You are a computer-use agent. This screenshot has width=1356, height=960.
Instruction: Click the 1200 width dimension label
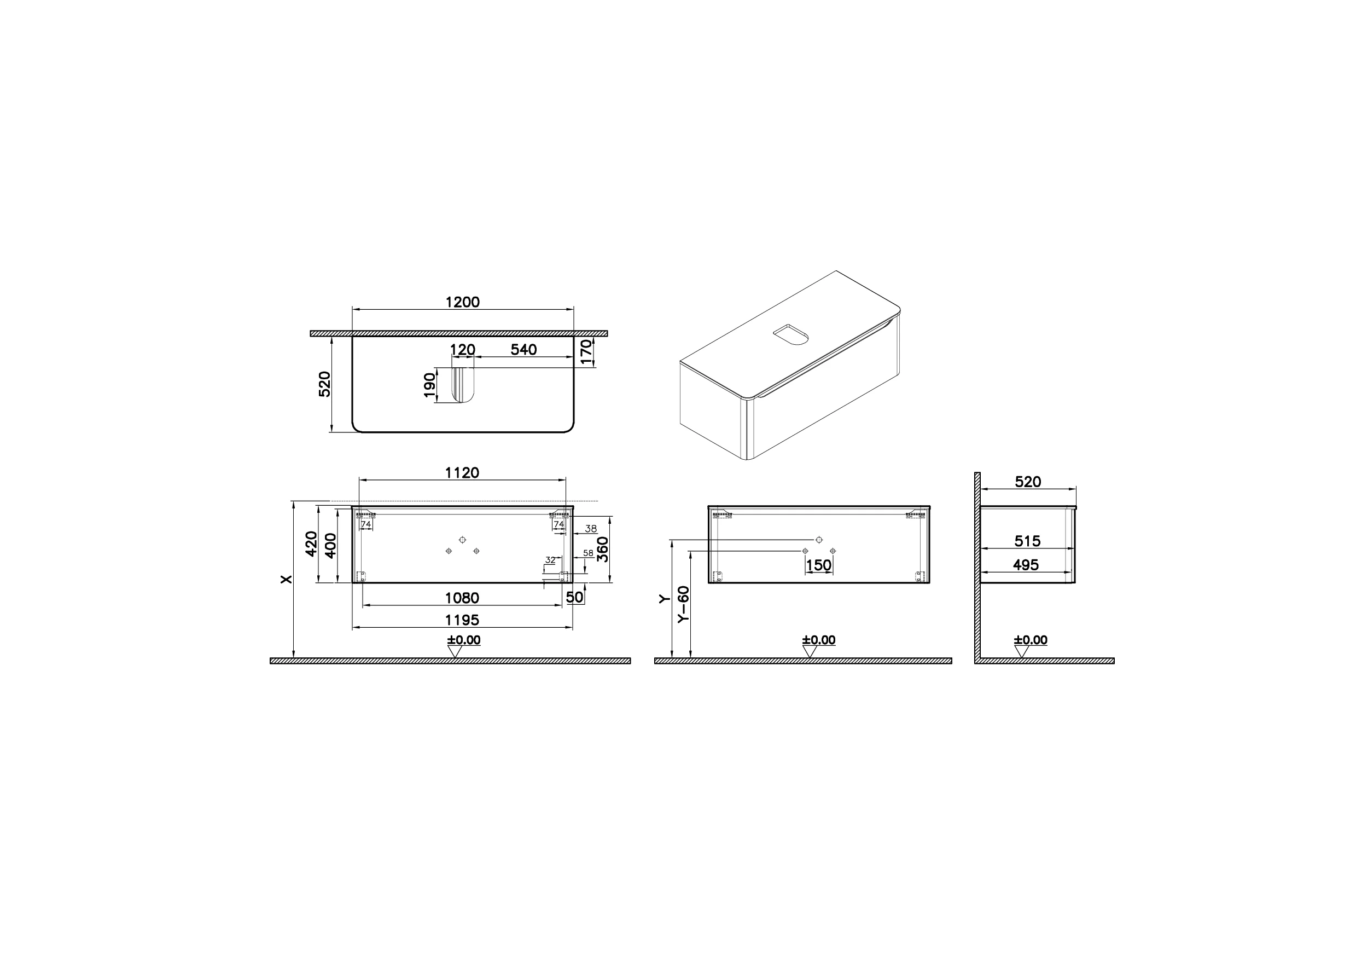tap(462, 302)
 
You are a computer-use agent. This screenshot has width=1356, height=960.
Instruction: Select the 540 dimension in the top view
tap(523, 349)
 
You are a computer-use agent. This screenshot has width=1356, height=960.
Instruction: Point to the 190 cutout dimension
tap(429, 385)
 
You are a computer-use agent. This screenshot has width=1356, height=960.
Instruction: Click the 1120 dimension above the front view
tap(462, 473)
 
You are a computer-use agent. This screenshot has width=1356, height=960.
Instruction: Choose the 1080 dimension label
tap(462, 598)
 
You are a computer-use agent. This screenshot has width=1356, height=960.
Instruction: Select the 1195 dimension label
tap(462, 620)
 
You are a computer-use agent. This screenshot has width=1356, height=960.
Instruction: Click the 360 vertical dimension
tap(602, 549)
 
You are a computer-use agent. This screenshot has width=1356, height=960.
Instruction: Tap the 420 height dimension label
tap(311, 545)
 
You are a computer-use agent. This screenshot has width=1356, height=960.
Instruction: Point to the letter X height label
tap(287, 579)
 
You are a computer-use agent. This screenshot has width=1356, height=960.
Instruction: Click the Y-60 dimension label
tap(683, 604)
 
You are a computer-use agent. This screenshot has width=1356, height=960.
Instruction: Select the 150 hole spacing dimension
tap(818, 565)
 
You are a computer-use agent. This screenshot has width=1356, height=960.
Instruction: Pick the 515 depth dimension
tap(1027, 541)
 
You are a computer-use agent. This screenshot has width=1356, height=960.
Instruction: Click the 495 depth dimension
tap(1026, 565)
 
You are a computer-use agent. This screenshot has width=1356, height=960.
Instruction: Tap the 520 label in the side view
tap(1027, 482)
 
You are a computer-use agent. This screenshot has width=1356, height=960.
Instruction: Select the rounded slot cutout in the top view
tap(463, 385)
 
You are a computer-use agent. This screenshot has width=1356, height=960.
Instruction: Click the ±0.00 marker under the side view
tap(1031, 640)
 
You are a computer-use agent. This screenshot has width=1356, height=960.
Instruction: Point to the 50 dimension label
tap(574, 597)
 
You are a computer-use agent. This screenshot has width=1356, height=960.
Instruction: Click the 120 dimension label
tap(463, 349)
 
